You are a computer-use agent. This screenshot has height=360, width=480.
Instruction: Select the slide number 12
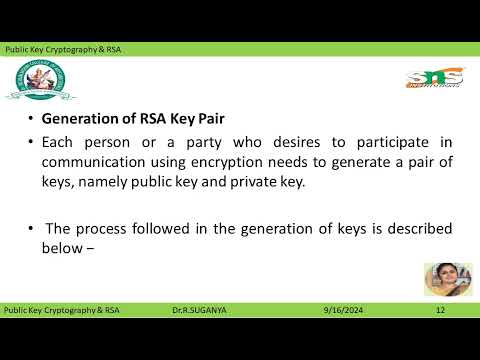pyautogui.click(x=439, y=310)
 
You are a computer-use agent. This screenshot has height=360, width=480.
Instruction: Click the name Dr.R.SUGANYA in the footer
pyautogui.click(x=199, y=310)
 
